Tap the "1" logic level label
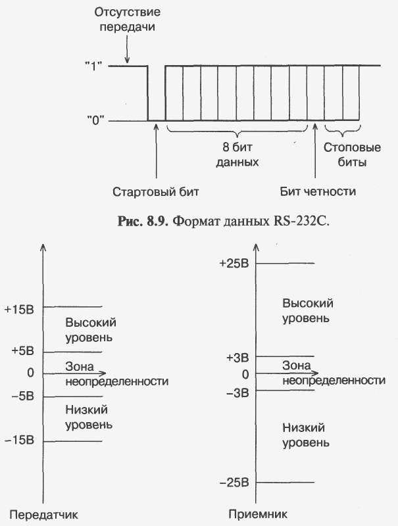[95, 66]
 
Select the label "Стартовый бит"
[155, 192]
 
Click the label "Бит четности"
[316, 192]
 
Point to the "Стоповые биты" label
[344, 154]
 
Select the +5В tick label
[22, 351]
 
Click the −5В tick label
[22, 396]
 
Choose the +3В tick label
[237, 358]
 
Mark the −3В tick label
[237, 393]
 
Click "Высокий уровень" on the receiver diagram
[307, 310]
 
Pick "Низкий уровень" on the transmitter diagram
[88, 417]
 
